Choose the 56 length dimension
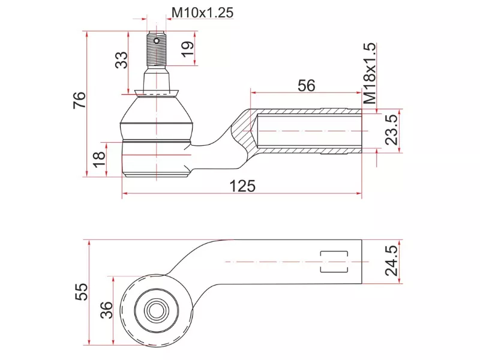(306, 86)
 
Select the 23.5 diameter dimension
(391, 130)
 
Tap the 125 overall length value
(243, 186)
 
